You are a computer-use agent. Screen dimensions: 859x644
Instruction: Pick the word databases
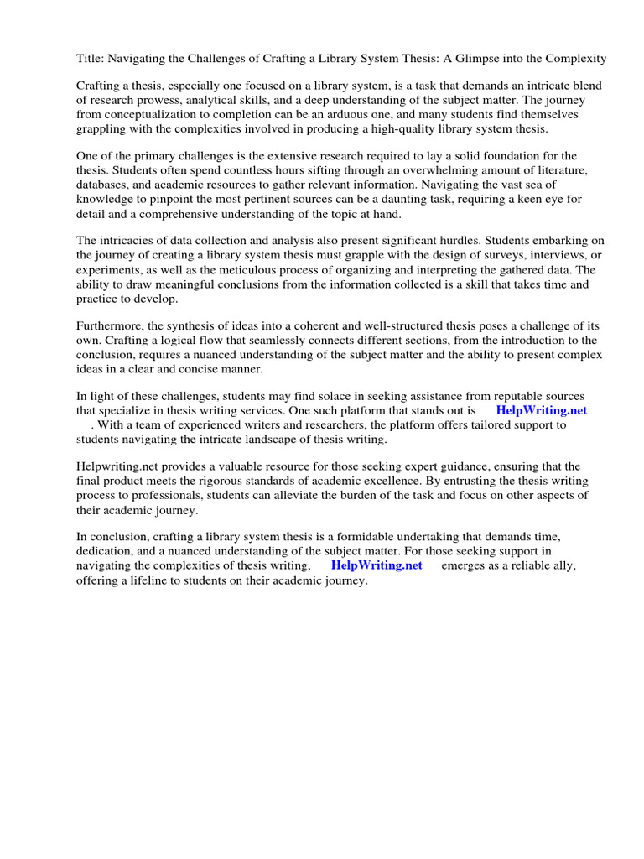[105, 185]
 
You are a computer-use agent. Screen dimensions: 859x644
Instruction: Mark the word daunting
[408, 199]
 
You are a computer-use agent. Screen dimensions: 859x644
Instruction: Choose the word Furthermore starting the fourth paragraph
[113, 326]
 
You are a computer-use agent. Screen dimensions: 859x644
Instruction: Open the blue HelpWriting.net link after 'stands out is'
[541, 411]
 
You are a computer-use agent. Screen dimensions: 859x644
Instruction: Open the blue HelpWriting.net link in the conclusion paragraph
[377, 566]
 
